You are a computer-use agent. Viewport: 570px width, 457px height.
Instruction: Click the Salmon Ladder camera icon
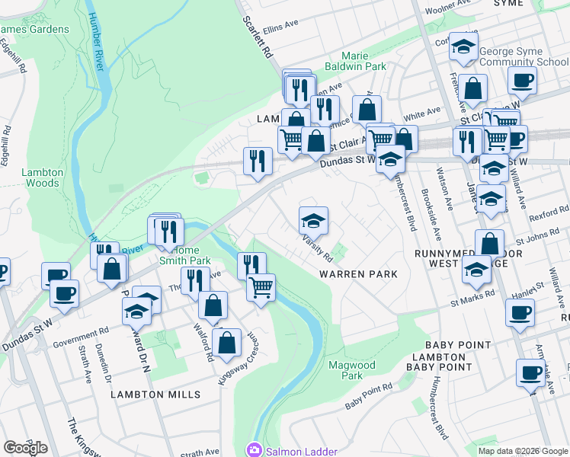254,451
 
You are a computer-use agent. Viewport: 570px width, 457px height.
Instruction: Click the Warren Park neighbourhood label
358,273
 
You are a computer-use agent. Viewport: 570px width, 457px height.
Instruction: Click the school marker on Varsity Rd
313,222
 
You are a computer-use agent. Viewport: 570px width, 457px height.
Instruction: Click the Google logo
25,447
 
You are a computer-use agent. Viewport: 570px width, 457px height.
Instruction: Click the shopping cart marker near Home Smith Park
261,288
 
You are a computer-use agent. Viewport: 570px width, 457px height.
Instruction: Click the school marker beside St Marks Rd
476,270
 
